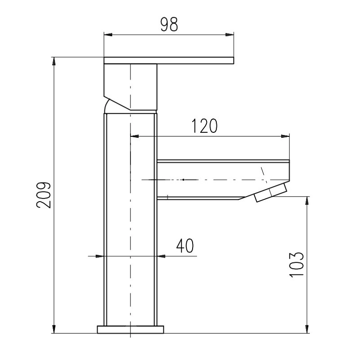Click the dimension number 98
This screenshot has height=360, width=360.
169,25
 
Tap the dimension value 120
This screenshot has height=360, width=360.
204,126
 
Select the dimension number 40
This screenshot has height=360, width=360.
185,246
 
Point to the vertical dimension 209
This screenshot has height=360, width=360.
44,195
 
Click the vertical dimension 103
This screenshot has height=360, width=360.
297,265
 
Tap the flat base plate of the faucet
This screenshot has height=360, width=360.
130,329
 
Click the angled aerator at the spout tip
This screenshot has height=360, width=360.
271,193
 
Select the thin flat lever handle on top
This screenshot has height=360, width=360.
169,60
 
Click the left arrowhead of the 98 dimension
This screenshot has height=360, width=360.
108,35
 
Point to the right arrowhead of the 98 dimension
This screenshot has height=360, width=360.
229,35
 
